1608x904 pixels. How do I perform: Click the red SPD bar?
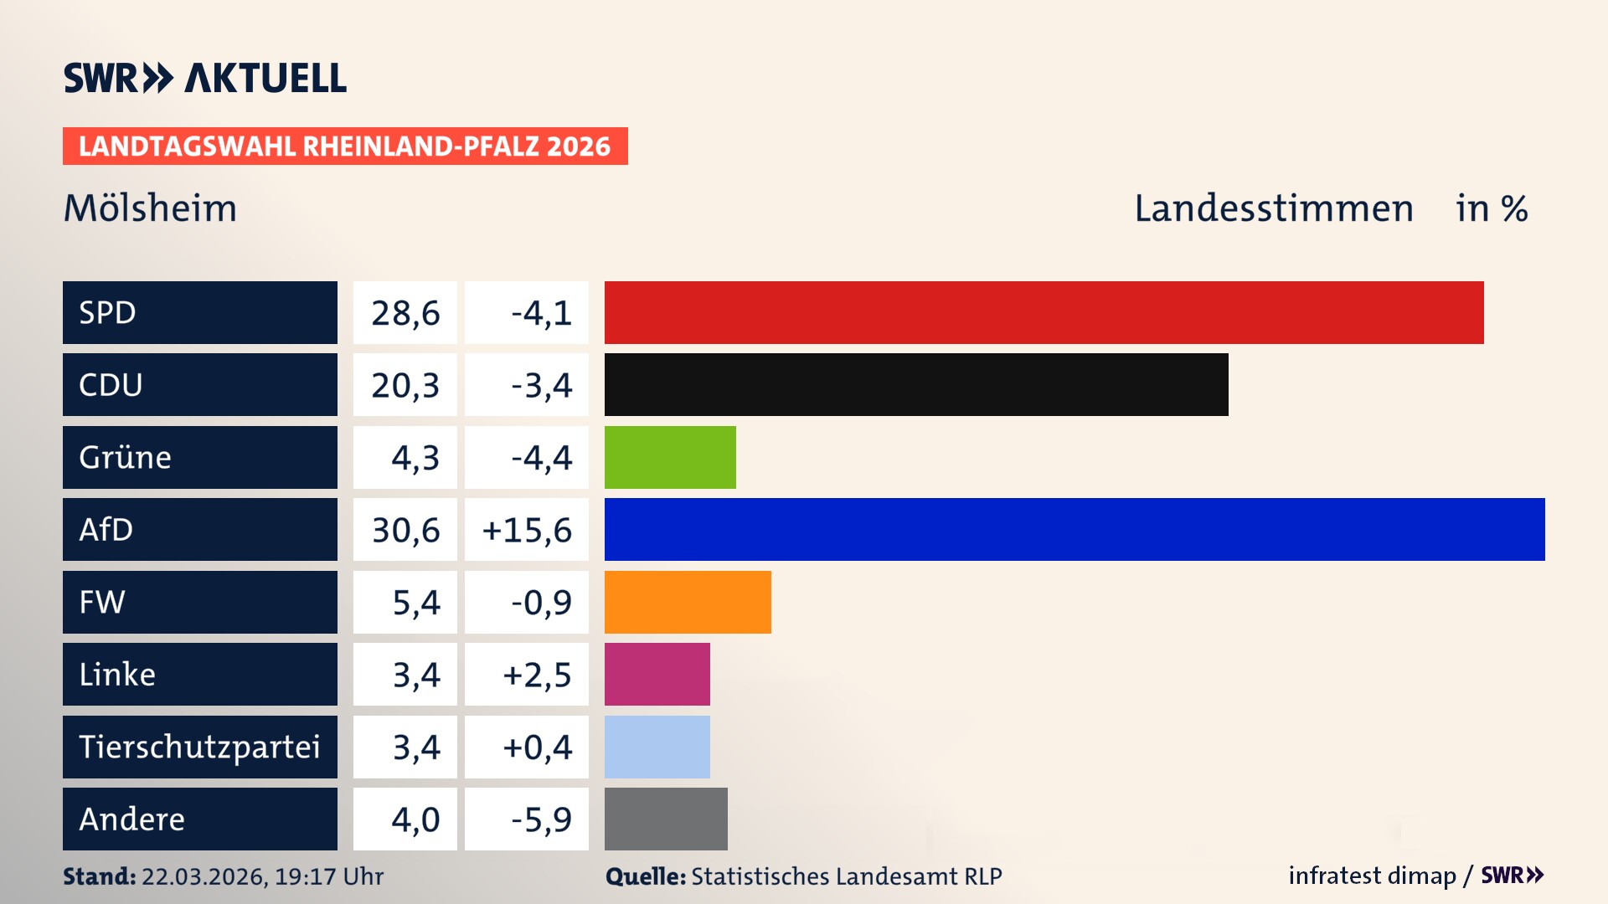pyautogui.click(x=1044, y=312)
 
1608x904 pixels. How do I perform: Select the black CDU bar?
pyautogui.click(x=916, y=385)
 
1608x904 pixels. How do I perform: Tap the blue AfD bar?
pyautogui.click(x=1075, y=529)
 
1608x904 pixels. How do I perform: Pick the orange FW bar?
pyautogui.click(x=688, y=602)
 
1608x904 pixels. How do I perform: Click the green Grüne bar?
pyautogui.click(x=670, y=457)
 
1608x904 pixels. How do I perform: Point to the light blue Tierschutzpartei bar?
pyautogui.click(x=657, y=747)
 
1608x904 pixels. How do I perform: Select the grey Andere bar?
pyautogui.click(x=666, y=819)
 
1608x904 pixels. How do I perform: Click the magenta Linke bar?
pyautogui.click(x=657, y=674)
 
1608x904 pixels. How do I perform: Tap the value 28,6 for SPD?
pyautogui.click(x=405, y=313)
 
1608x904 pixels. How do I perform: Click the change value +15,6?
pyautogui.click(x=527, y=530)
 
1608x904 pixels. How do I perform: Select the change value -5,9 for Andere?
pyautogui.click(x=541, y=819)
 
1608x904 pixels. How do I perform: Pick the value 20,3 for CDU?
pyautogui.click(x=405, y=386)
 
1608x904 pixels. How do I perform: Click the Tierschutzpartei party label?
pyautogui.click(x=199, y=747)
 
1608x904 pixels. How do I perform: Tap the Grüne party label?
pyautogui.click(x=126, y=458)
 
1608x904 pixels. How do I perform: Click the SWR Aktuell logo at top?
pyautogui.click(x=205, y=78)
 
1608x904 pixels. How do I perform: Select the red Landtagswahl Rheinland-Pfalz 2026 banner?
pyautogui.click(x=345, y=146)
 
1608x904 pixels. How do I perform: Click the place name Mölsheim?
pyautogui.click(x=151, y=208)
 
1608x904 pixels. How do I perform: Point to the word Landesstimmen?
pyautogui.click(x=1274, y=208)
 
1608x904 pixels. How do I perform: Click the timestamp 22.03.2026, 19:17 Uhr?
pyautogui.click(x=262, y=876)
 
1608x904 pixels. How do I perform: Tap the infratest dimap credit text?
pyautogui.click(x=1372, y=876)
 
